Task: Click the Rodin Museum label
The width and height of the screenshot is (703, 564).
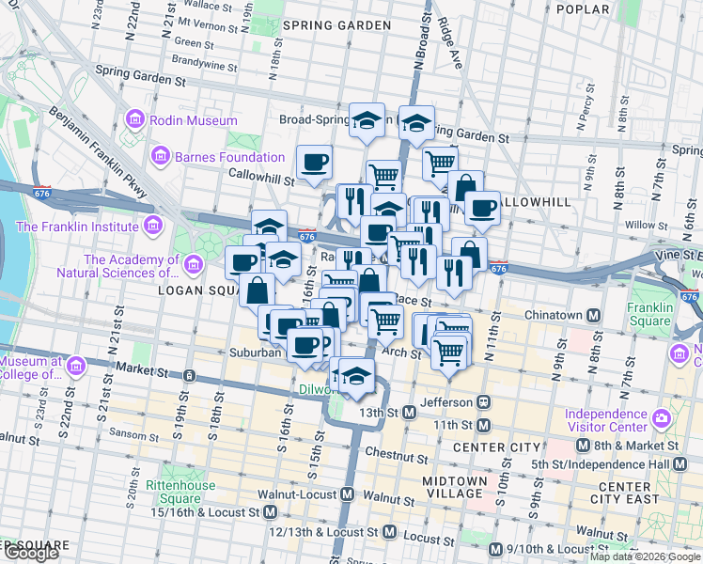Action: [x=196, y=121]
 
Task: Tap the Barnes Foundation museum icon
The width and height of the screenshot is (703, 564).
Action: [x=160, y=156]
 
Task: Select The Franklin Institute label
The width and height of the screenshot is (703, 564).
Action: [x=77, y=226]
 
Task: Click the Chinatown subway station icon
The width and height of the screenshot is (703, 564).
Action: [x=594, y=315]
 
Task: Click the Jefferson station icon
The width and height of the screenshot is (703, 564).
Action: [x=484, y=401]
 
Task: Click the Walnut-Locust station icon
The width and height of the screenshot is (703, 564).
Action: [x=347, y=494]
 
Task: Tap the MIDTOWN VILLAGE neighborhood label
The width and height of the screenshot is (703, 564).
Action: [x=455, y=488]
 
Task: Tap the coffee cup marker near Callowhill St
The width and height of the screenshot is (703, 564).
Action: [x=315, y=163]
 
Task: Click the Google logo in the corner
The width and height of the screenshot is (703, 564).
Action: [x=31, y=554]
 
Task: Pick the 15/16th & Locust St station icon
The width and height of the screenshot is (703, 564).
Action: [x=270, y=512]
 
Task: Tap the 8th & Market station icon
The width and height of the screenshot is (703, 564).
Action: [x=583, y=446]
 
